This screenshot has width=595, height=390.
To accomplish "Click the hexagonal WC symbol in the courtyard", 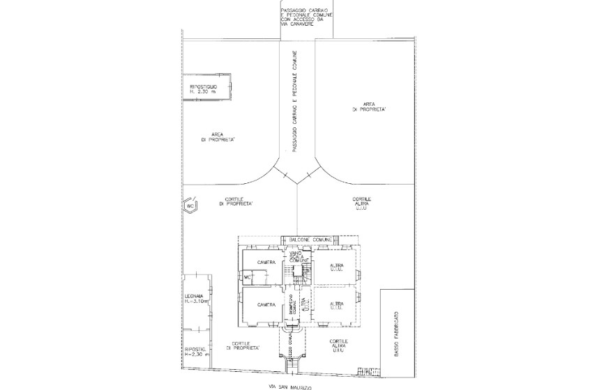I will point(190,206).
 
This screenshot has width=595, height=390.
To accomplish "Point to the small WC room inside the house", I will point(248,276).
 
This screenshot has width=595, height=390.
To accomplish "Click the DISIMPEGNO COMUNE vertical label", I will point(294,307).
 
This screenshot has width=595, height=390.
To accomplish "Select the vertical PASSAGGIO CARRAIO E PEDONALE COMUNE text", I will point(296,102).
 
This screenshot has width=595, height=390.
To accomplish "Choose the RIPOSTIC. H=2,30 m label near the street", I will point(195,352).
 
